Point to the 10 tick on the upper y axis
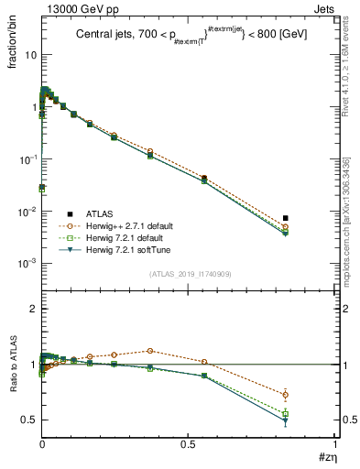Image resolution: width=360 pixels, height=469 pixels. coord(30,55)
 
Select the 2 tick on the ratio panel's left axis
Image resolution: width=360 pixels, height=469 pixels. coord(33,310)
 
